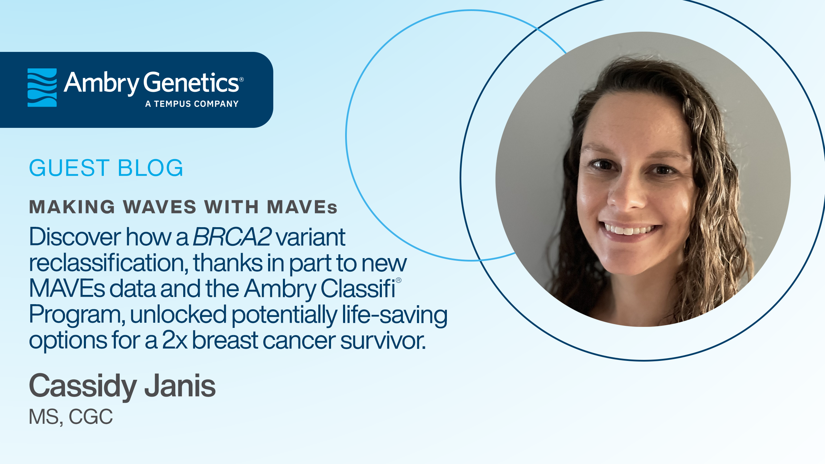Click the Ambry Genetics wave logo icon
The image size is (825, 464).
coord(42,87)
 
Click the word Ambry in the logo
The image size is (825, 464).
coord(101,83)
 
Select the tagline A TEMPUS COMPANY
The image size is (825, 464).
coord(192,104)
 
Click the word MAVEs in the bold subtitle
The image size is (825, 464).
coord(302,207)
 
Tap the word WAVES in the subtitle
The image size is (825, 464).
coord(159,207)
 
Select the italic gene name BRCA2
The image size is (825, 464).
coord(232,237)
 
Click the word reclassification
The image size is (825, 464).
coord(108,263)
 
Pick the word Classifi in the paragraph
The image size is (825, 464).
coord(358,288)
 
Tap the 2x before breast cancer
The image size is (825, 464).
coord(175,340)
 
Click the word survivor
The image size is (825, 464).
coord(383,341)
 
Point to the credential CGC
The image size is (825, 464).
coord(91,417)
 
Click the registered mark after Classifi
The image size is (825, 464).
coord(398,280)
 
